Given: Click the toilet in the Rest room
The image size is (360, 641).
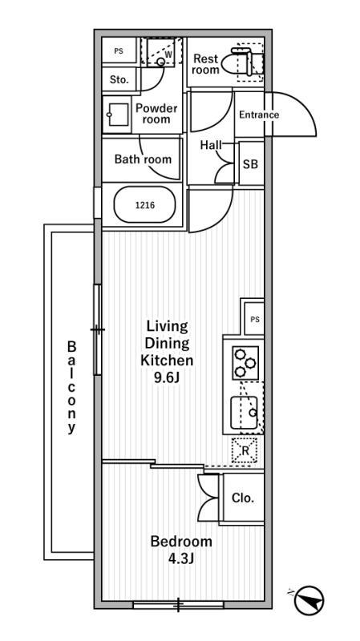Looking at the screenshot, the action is tap(241, 62).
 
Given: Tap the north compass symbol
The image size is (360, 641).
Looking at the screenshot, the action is tap(309, 599).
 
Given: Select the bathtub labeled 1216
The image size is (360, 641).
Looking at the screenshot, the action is tap(145, 205).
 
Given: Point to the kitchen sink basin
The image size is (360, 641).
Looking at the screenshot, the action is tap(245, 412).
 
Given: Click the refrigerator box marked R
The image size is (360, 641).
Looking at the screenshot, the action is tap(245, 450).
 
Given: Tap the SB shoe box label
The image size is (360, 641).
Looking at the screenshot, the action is tap(250, 164).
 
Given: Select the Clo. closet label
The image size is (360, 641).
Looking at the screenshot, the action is tap(243, 498).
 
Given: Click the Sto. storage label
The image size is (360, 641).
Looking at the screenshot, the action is tap(119, 79).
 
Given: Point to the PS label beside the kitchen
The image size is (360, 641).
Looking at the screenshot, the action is tap(255, 320).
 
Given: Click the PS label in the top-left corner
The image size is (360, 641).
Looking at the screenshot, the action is tap(118, 51).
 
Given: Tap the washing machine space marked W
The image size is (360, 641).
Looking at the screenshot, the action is tap(161, 51).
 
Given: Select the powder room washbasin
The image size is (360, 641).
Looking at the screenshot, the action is tap(117, 115).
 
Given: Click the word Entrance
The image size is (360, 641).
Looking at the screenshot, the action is tap(259, 115).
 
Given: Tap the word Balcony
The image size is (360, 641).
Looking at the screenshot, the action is tap(72, 388).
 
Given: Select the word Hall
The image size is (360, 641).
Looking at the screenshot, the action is tap(211, 145).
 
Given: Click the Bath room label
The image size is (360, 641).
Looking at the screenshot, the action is tap(143, 159).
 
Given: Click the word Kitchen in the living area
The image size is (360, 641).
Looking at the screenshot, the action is tap(167, 361).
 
